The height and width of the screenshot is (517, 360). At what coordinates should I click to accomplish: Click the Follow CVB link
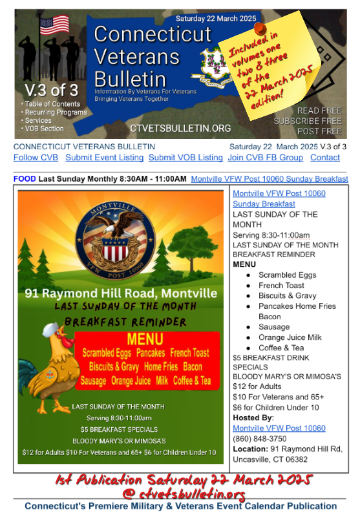pyautogui.click(x=36, y=158)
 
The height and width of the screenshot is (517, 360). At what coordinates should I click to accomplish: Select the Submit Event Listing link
pyautogui.click(x=104, y=158)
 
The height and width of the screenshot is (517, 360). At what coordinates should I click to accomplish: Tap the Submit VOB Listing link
pyautogui.click(x=185, y=158)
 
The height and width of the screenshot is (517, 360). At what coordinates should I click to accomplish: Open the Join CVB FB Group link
pyautogui.click(x=265, y=158)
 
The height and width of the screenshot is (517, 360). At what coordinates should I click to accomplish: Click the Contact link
pyautogui.click(x=324, y=158)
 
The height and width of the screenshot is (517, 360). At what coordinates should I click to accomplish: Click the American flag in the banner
pyautogui.click(x=54, y=25)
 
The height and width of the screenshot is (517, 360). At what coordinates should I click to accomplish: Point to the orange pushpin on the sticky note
pyautogui.click(x=259, y=29)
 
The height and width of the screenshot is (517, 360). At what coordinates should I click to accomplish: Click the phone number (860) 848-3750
pyautogui.click(x=257, y=439)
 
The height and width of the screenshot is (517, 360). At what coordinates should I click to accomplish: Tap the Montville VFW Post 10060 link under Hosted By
pyautogui.click(x=279, y=428)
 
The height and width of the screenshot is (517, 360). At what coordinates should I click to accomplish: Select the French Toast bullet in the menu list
pyautogui.click(x=282, y=285)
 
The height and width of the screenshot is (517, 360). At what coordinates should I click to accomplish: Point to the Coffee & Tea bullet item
pyautogui.click(x=281, y=348)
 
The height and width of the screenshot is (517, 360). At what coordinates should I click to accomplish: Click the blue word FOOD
pyautogui.click(x=25, y=178)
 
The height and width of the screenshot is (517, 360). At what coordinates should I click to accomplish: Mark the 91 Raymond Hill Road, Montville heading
pyautogui.click(x=121, y=293)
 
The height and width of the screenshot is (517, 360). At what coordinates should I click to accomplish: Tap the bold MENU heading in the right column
pyautogui.click(x=244, y=264)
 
